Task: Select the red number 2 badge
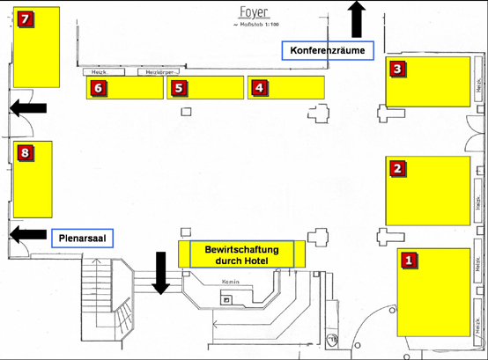397,168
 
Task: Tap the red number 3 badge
397,68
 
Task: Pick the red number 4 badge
258,87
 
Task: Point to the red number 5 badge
178,87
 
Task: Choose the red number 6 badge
98,87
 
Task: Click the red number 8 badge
25,153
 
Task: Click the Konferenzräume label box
328,50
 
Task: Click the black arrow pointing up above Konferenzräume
357,18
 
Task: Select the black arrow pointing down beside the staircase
161,272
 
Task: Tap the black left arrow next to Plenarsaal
27,234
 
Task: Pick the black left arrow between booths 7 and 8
27,107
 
